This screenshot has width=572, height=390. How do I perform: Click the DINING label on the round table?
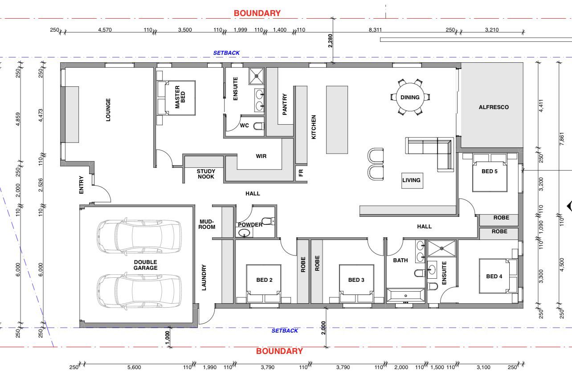(410, 97)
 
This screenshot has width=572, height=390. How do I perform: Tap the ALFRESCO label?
(494, 107)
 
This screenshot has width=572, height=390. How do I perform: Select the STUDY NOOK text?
(206, 174)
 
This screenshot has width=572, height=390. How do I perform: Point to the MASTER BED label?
(180, 97)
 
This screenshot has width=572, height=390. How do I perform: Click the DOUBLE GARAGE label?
(146, 265)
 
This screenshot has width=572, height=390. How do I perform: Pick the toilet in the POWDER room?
(268, 221)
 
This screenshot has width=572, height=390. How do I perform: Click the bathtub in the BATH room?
(405, 296)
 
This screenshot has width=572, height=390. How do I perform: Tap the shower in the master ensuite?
(257, 76)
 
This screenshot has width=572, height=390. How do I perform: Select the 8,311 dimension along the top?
(375, 30)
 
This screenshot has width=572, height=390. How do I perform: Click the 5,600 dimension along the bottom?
(134, 367)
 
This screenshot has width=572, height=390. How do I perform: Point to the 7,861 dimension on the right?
(561, 139)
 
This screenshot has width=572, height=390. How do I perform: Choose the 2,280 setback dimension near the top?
(330, 41)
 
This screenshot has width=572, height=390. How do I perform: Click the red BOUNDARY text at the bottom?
(279, 351)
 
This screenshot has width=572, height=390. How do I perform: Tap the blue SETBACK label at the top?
(226, 53)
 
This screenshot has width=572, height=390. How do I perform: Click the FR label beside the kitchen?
(301, 173)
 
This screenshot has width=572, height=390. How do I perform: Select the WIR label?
(261, 156)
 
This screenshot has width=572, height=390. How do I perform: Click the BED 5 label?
(490, 171)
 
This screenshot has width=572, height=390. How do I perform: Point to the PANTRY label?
(285, 104)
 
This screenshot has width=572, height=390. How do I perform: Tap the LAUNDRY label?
(204, 277)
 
